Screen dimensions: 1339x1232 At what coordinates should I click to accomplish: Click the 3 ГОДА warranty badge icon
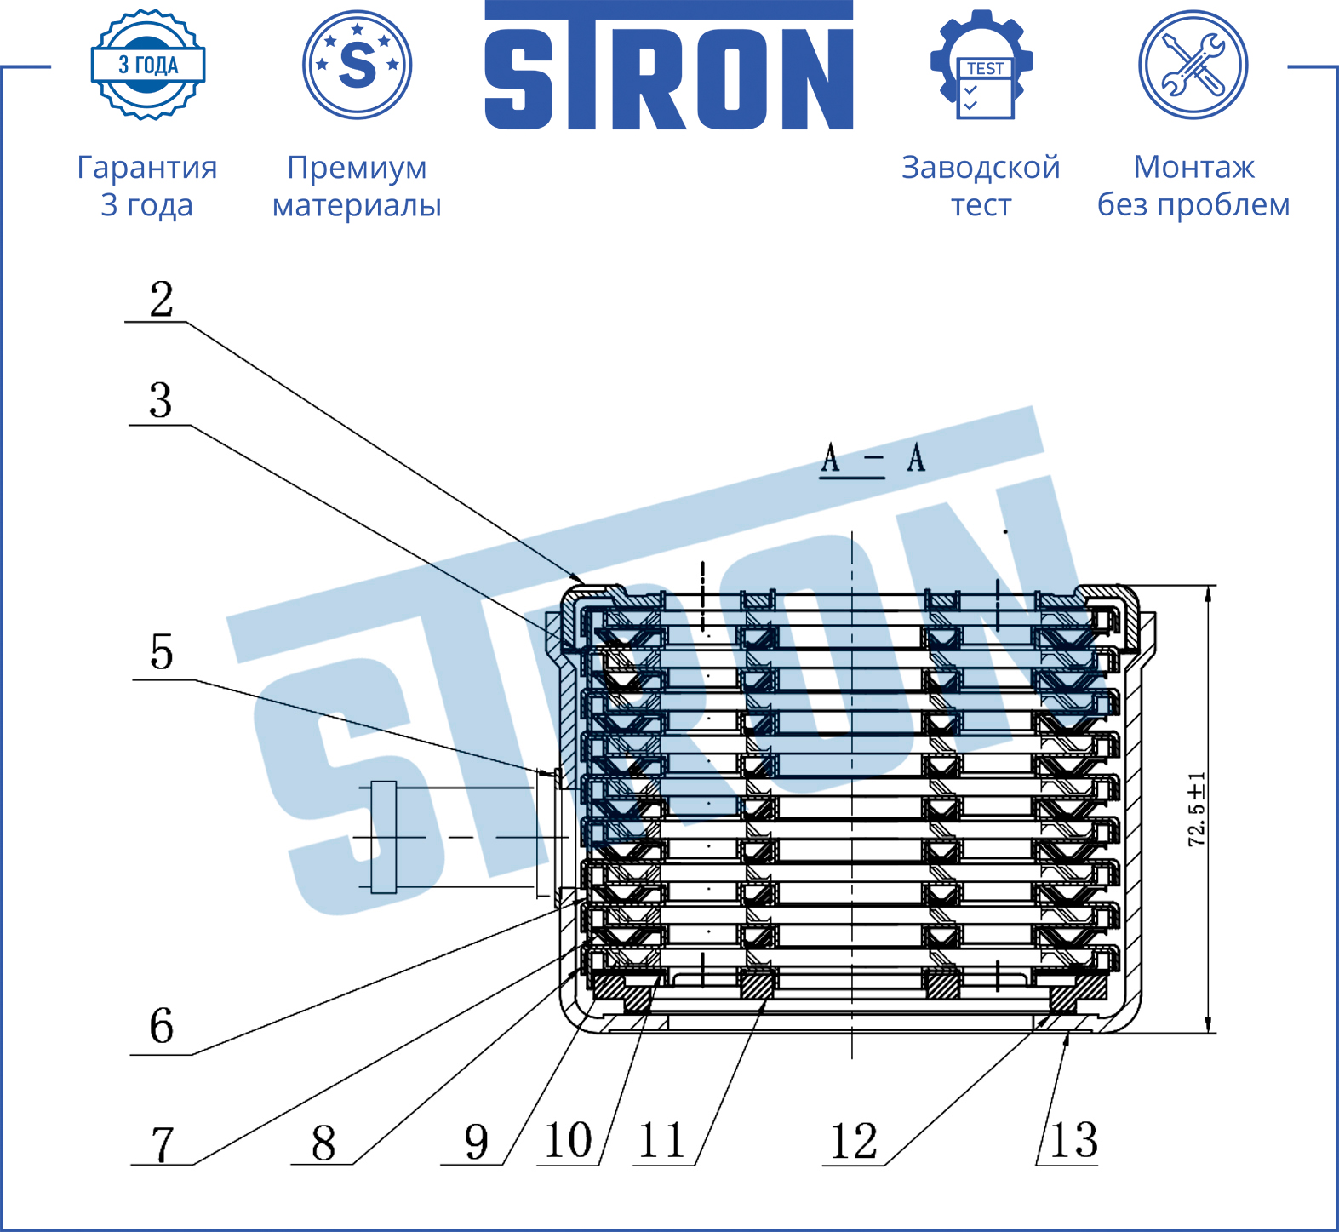[148, 65]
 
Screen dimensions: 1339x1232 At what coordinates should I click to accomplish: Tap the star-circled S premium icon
[358, 65]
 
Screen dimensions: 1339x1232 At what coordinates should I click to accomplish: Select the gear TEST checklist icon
[981, 65]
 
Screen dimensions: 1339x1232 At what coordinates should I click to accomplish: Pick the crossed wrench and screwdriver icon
[1193, 65]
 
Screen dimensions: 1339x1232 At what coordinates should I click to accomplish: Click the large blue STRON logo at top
[669, 66]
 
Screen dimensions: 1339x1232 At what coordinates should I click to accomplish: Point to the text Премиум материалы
[357, 186]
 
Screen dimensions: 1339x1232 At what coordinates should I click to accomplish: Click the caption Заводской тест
[981, 186]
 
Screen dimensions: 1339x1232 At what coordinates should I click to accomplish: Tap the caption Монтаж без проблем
[1193, 186]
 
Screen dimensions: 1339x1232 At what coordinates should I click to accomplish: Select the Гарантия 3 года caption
[147, 186]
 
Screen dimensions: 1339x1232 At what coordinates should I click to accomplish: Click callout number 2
[162, 300]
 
